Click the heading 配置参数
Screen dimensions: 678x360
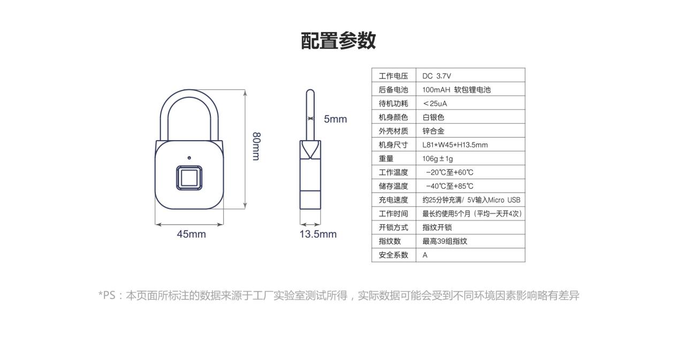[x=338, y=41]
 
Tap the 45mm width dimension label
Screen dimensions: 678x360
[x=191, y=234]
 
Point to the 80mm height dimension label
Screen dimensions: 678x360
[x=256, y=146]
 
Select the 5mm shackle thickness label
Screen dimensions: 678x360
[x=336, y=119]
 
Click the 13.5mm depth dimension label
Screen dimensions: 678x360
[x=318, y=234]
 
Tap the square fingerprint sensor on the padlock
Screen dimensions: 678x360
[x=189, y=178]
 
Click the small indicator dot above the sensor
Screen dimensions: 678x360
[x=189, y=158]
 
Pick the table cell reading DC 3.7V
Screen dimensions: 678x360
[x=437, y=76]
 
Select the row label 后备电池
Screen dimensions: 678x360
[x=393, y=90]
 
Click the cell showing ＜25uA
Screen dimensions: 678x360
[x=435, y=103]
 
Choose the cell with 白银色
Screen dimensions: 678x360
[x=433, y=117]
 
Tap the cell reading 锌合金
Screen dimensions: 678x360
[x=433, y=131]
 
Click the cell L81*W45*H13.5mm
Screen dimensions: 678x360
[x=455, y=145]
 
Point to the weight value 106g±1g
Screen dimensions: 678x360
[x=438, y=158]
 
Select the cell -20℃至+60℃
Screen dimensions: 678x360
[x=450, y=172]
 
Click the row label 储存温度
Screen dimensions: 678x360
[x=393, y=186]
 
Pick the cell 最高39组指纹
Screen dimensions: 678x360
[x=445, y=241]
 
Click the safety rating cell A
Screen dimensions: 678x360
[x=425, y=255]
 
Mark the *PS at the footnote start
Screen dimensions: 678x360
[x=107, y=295]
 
